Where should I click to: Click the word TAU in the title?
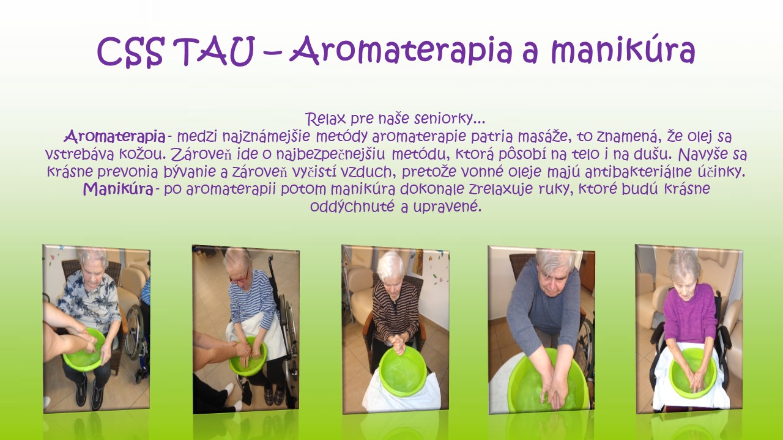point(217,51)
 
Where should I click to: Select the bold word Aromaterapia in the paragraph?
point(114,137)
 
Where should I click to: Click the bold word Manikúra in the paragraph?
point(118,189)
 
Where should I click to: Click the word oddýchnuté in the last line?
point(352,207)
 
